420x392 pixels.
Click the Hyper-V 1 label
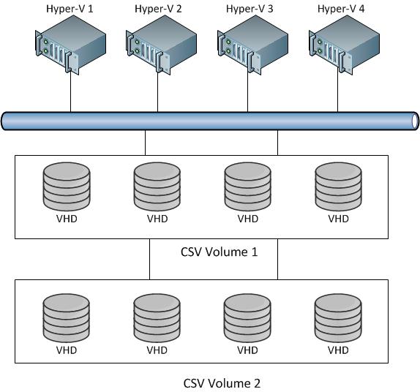tap(70, 9)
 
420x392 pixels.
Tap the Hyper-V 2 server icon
tap(161, 45)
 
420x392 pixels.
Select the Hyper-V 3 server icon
tap(252, 45)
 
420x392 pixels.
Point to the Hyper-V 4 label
tap(341, 9)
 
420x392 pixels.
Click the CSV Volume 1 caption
tap(219, 252)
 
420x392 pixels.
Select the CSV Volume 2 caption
tap(222, 383)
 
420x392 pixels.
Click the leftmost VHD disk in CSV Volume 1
tap(67, 186)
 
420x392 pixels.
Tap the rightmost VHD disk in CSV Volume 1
tap(338, 186)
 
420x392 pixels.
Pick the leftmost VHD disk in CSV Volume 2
tap(66, 318)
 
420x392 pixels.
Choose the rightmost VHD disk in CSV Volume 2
tap(338, 318)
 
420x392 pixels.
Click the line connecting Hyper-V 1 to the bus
tap(71, 91)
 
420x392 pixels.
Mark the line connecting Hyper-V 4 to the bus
tap(337, 91)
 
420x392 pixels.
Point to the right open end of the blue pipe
tap(416, 121)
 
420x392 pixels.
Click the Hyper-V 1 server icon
tap(70, 45)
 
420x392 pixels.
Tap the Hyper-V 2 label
tap(158, 9)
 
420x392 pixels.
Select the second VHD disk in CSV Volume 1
tap(157, 186)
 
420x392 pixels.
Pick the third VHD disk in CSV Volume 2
tap(247, 318)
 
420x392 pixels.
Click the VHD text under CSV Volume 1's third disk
tap(248, 219)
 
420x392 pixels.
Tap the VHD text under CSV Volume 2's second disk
tap(157, 350)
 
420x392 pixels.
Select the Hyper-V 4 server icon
tap(344, 45)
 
